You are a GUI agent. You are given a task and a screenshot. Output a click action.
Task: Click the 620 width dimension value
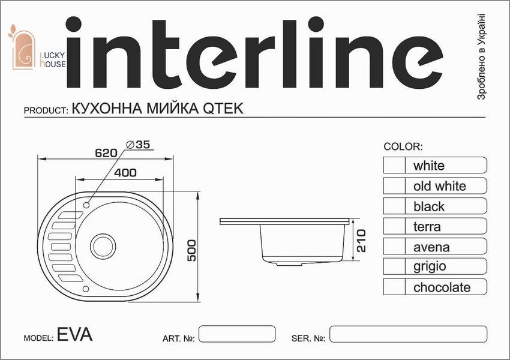pyautogui.click(x=106, y=153)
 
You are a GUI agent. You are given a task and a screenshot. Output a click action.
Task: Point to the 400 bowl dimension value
pyautogui.click(x=125, y=173)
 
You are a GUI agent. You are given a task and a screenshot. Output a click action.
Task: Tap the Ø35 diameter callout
pyautogui.click(x=138, y=145)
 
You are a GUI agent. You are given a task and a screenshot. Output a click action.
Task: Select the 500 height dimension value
pyautogui.click(x=192, y=250)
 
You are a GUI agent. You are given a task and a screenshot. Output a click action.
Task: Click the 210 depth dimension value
pyautogui.click(x=361, y=241)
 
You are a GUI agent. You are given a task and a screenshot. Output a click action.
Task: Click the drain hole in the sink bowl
pyautogui.click(x=103, y=246)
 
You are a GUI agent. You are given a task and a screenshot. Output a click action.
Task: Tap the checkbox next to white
pyautogui.click(x=394, y=165)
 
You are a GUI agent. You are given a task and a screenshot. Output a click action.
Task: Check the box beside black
pyautogui.click(x=394, y=206)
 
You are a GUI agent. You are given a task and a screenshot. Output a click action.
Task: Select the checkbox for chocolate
pyautogui.click(x=394, y=287)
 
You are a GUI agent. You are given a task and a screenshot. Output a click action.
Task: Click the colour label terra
pyautogui.click(x=427, y=227)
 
